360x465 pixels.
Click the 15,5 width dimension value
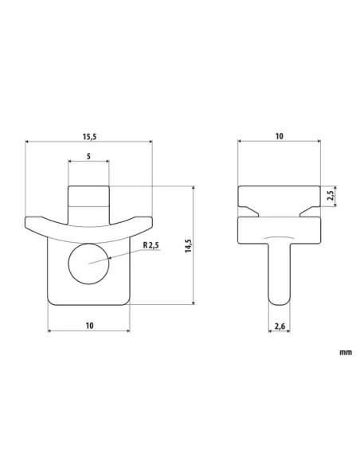(x=88, y=136)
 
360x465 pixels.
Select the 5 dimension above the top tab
(x=88, y=157)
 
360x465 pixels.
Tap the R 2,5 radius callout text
(x=151, y=246)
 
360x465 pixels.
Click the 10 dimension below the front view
(x=88, y=325)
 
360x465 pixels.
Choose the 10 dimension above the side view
(x=279, y=136)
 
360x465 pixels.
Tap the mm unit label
(x=344, y=351)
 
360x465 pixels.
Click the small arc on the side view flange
(x=279, y=238)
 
